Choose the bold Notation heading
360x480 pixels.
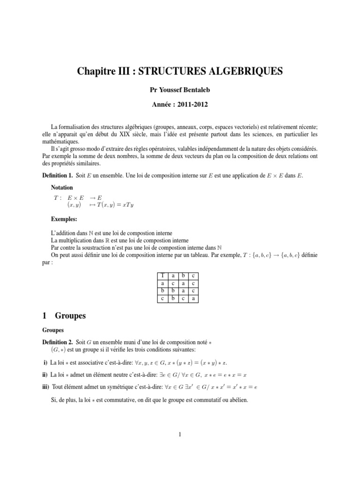click(62, 187)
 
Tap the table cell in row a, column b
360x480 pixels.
click(183, 283)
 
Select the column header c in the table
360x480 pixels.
click(193, 276)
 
